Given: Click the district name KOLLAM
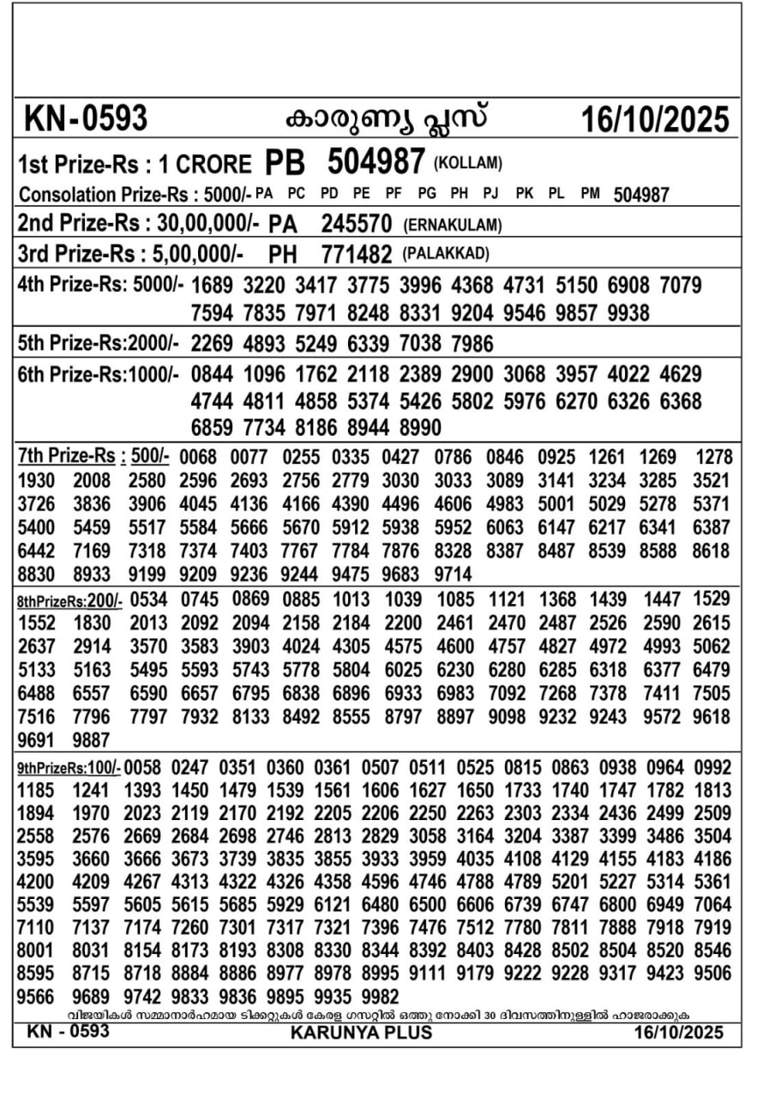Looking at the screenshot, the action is (x=468, y=163).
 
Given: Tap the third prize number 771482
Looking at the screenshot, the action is (x=357, y=255).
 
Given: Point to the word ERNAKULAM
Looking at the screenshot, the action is (x=452, y=226).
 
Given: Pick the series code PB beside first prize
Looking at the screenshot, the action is (x=285, y=162).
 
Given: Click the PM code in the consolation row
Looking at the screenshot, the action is (x=590, y=194).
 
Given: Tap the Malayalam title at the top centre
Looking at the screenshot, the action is (x=386, y=118).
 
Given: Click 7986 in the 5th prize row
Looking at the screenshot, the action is (x=472, y=344).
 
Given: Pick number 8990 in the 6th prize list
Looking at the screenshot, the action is (x=420, y=427).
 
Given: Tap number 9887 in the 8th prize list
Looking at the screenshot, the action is (x=92, y=739).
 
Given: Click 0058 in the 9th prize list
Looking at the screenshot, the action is (x=141, y=766).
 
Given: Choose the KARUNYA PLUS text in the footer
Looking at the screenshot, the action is (x=362, y=1033).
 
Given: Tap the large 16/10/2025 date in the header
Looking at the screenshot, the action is (x=655, y=119).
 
